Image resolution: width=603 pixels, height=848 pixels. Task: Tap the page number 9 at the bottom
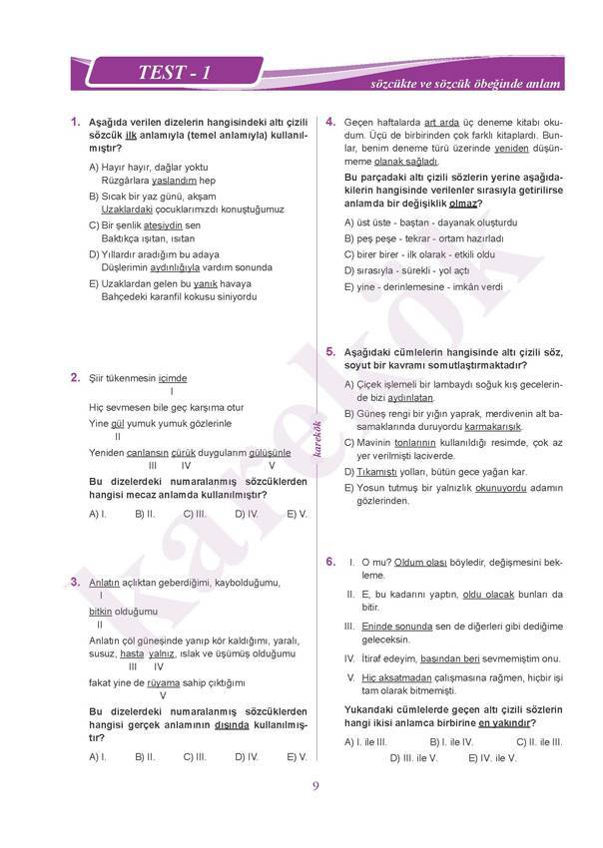click(x=315, y=785)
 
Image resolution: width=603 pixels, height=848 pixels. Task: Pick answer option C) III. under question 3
click(x=195, y=757)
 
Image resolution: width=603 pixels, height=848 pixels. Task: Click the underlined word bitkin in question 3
click(x=100, y=611)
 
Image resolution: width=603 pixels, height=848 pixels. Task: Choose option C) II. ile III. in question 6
click(x=539, y=742)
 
